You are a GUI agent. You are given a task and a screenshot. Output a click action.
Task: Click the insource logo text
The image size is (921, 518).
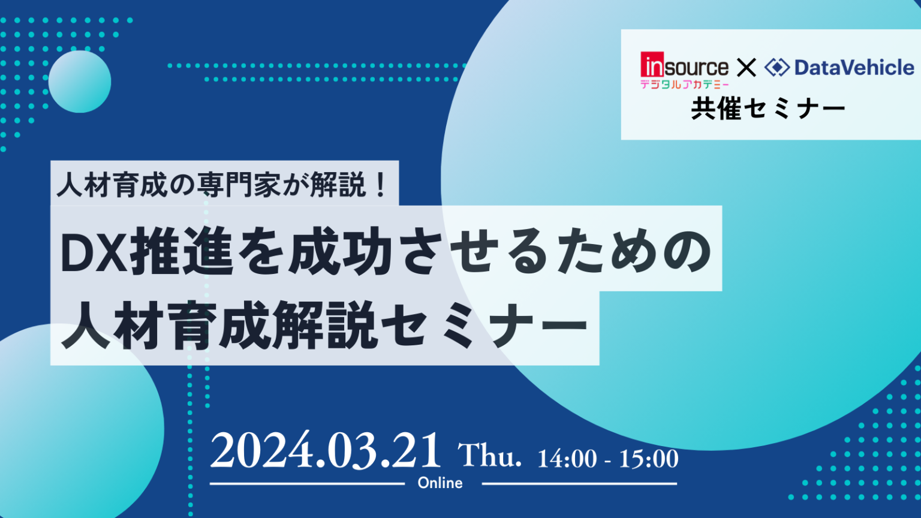685,65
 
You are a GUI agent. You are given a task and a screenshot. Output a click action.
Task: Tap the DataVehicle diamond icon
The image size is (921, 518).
776,67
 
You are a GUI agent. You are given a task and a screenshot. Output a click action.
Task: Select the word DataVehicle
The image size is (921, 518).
854,67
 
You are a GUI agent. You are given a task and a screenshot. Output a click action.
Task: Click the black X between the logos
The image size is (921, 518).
747,67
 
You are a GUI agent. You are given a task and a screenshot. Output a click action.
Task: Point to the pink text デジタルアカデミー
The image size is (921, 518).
685,85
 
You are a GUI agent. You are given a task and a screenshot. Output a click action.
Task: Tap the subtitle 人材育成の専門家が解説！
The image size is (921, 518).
222,185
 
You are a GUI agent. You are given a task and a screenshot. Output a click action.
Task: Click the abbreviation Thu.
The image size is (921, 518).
490,455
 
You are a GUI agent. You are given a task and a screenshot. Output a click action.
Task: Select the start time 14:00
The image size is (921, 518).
567,459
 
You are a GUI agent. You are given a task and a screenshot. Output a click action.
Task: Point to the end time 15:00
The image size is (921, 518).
649,459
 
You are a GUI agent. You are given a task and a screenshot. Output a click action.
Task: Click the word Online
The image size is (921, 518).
440,483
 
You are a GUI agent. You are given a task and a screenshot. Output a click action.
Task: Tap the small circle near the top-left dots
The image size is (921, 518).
80,82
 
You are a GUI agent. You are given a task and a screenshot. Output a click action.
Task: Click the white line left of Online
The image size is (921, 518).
307,484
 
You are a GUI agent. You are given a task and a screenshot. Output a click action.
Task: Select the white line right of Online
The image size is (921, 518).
579,484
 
